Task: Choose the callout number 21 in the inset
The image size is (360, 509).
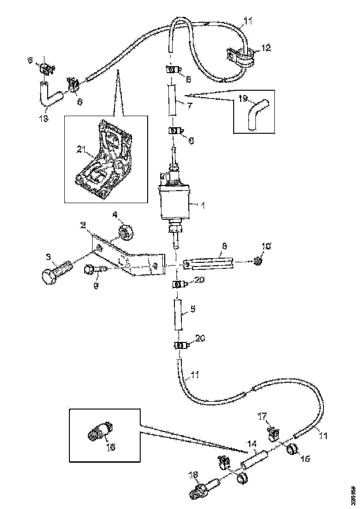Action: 81,149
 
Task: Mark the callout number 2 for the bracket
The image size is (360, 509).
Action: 83,225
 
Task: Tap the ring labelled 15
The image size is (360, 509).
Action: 292,449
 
